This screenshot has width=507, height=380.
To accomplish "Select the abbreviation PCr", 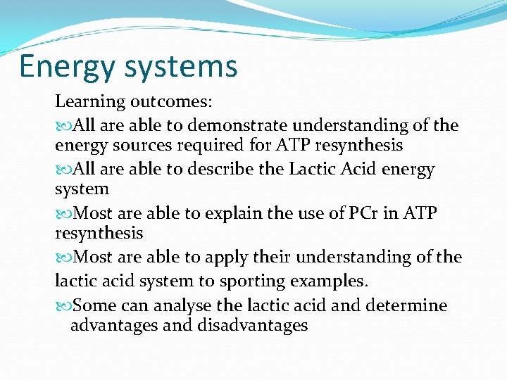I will click(364, 213).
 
